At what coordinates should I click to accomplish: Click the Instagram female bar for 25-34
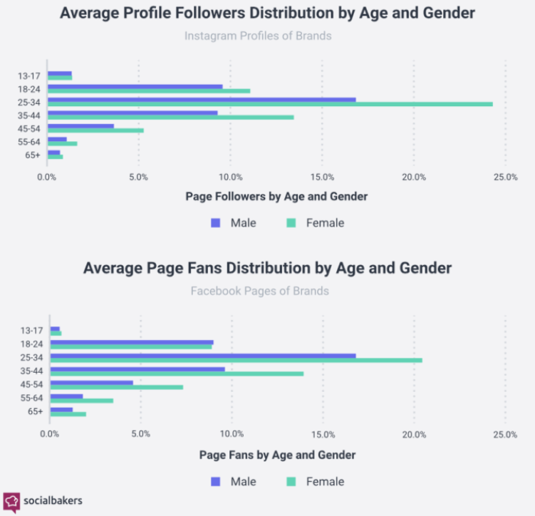270,104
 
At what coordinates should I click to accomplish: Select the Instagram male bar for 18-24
135,86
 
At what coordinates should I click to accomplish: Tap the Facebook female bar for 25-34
236,360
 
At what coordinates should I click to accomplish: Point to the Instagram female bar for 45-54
95,130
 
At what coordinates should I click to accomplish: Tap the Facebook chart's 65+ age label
35,411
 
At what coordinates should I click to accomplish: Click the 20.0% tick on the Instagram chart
414,177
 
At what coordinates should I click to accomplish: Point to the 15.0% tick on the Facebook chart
323,433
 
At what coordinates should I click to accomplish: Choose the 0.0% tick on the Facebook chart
50,433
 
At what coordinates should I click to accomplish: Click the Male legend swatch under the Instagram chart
215,222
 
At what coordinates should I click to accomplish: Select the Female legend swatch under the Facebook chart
291,481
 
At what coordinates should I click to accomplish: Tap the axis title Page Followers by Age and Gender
276,197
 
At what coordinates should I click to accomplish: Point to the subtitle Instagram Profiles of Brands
258,36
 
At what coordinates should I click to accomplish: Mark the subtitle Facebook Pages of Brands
259,291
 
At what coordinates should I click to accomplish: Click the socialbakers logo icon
11,500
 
